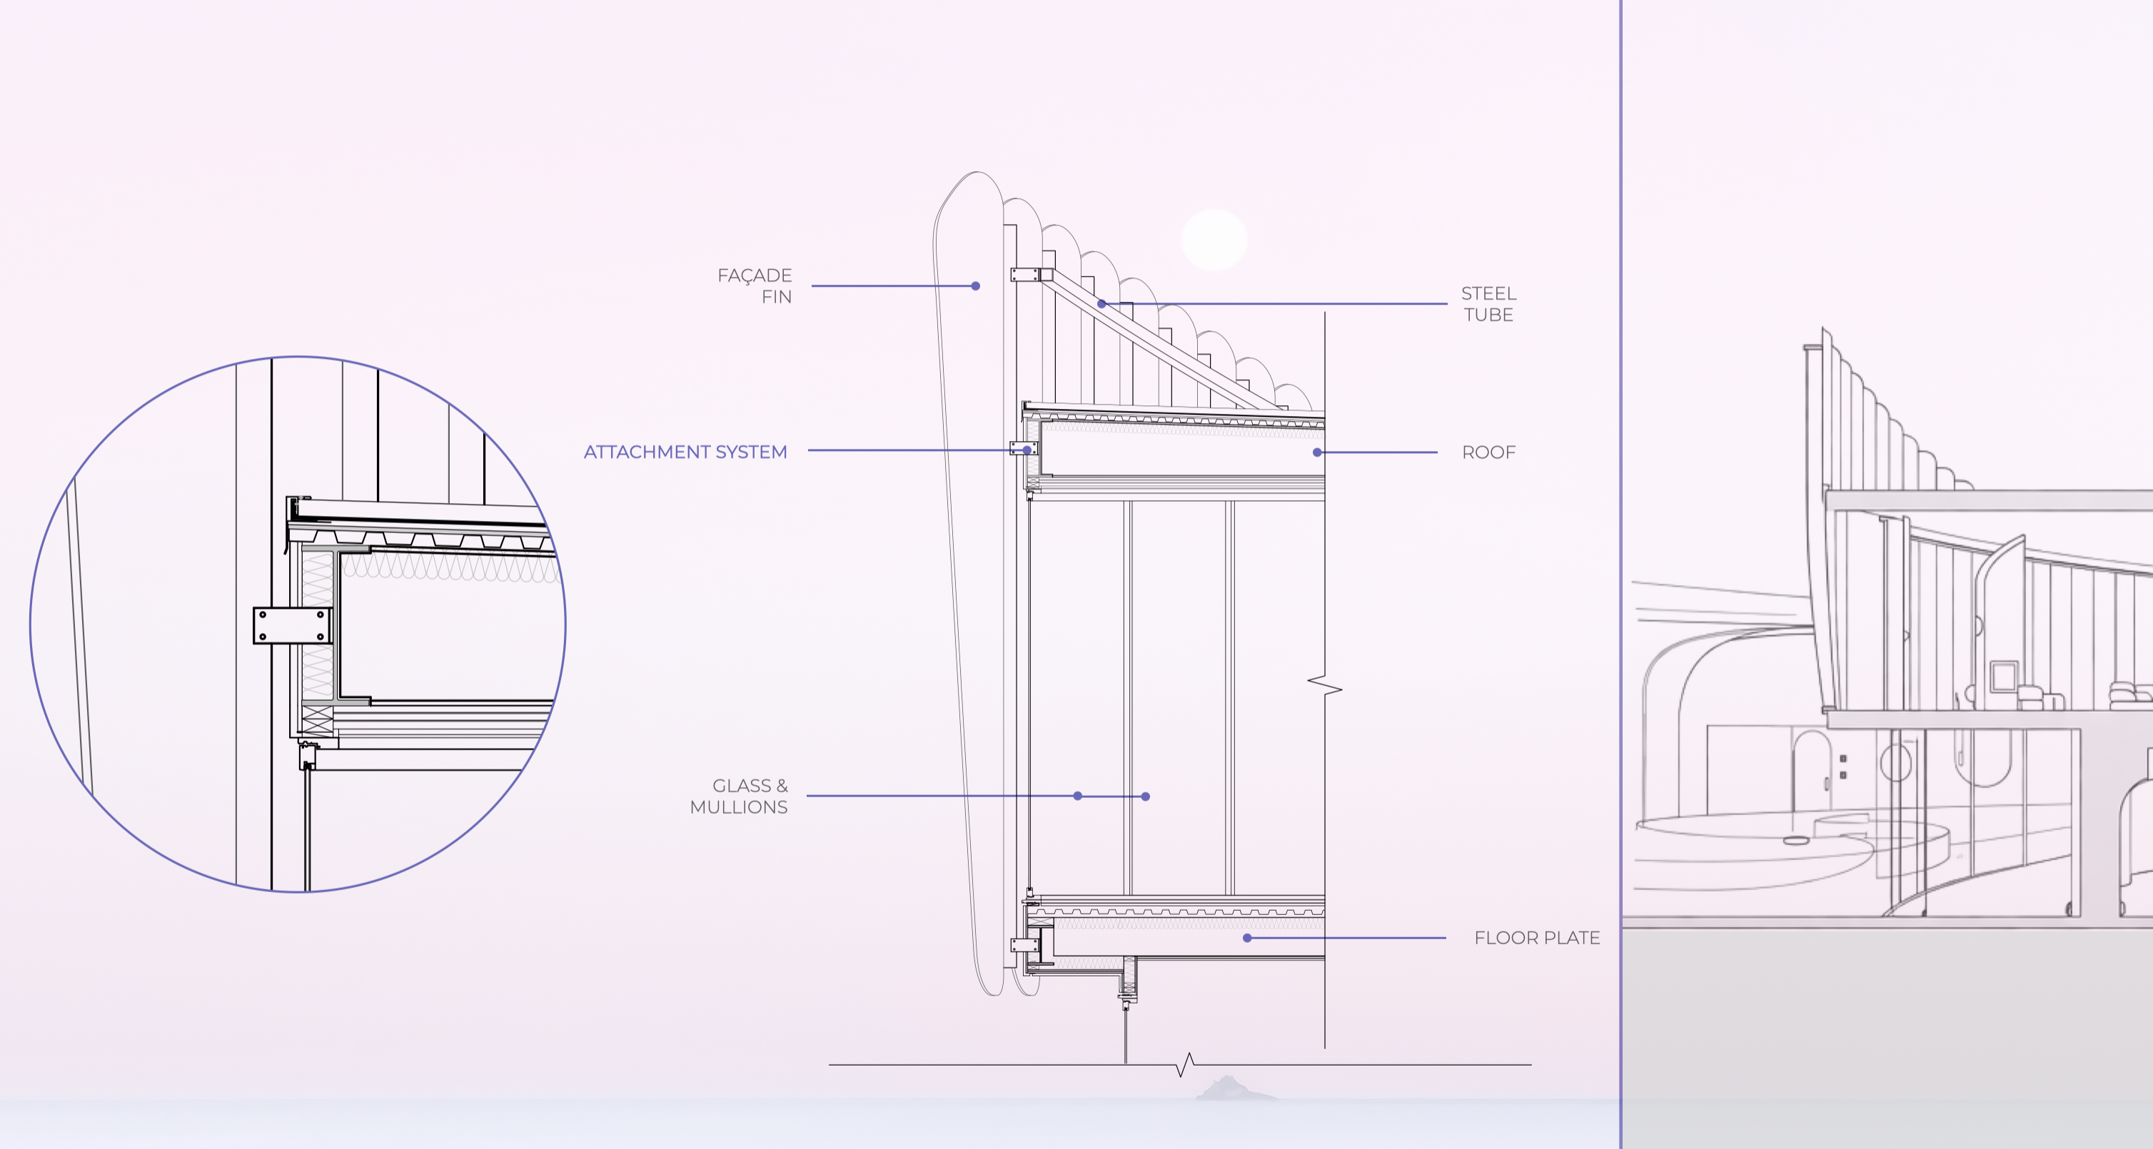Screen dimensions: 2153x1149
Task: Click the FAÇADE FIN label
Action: pos(755,285)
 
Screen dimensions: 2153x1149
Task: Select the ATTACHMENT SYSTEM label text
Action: pos(685,452)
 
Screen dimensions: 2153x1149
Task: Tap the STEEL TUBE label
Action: pos(1488,304)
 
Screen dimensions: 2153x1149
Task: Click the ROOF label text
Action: pos(1488,452)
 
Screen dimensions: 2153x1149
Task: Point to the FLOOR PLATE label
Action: pos(1537,938)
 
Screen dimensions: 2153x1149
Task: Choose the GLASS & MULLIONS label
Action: pos(739,796)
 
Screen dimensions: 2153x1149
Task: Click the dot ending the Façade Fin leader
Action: pos(975,285)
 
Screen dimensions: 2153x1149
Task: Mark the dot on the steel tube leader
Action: pos(1101,304)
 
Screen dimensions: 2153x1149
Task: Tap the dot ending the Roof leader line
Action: pos(1317,452)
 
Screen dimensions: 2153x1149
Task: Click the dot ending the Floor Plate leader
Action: pos(1247,938)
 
